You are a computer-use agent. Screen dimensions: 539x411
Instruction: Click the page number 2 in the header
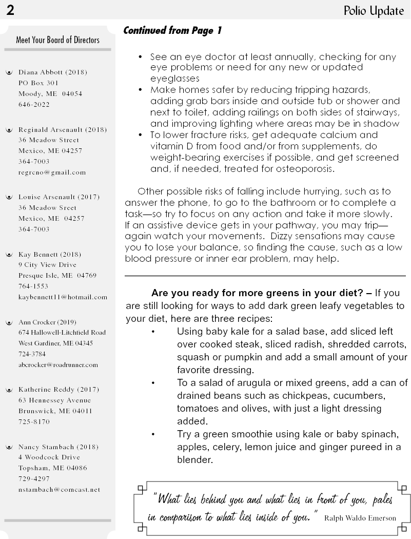point(10,10)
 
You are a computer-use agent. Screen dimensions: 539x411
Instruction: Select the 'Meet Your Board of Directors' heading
point(58,40)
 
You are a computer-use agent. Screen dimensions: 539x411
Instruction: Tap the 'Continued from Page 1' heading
point(172,31)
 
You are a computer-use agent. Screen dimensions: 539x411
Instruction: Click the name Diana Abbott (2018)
point(53,72)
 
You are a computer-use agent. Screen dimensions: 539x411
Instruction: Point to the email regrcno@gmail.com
point(52,172)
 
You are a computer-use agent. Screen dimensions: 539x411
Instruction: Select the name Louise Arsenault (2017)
point(59,197)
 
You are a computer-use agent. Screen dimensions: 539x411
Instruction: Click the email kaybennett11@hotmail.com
point(63,297)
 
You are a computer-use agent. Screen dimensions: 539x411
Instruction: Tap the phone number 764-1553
point(33,286)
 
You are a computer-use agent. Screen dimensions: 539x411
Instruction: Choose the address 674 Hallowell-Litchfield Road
point(62,333)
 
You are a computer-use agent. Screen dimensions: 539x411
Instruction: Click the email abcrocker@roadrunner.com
point(58,365)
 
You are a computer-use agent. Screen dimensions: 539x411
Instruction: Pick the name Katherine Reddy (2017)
point(59,390)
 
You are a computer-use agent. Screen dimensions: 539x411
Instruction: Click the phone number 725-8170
point(34,422)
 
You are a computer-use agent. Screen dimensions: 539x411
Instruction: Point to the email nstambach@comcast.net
point(60,490)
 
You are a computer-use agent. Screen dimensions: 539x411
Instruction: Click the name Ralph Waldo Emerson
point(360,518)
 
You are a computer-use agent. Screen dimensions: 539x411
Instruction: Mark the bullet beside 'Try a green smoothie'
point(153,434)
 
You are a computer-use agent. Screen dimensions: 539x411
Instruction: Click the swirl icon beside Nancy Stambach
point(8,447)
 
